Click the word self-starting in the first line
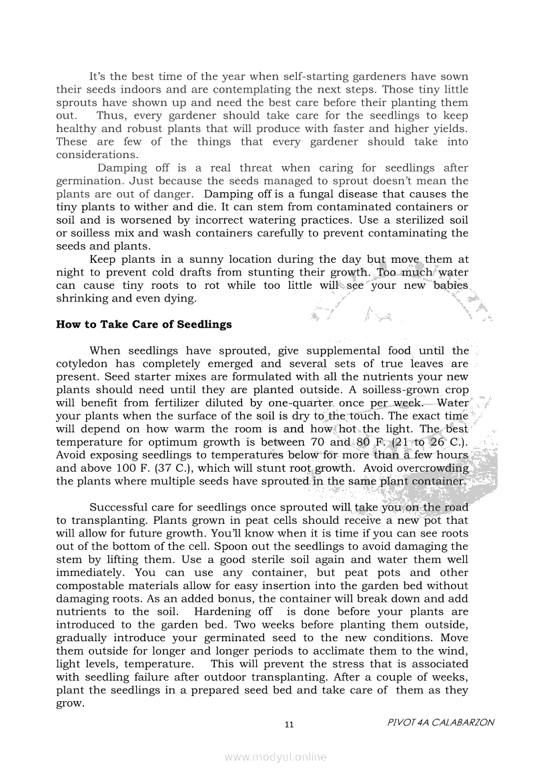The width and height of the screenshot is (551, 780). coord(315,77)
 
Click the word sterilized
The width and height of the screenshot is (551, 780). coord(408,220)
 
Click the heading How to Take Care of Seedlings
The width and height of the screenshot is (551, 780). coord(144,325)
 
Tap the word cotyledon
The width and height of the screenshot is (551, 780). coord(83,364)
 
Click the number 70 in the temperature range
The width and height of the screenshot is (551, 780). coord(318,442)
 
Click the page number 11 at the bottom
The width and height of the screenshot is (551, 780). coord(289,725)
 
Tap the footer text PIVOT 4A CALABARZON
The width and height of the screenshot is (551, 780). coord(440,723)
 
